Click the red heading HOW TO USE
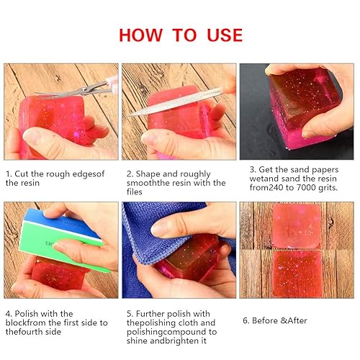(179, 34)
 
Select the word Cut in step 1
(24, 174)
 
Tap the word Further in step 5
(154, 313)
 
